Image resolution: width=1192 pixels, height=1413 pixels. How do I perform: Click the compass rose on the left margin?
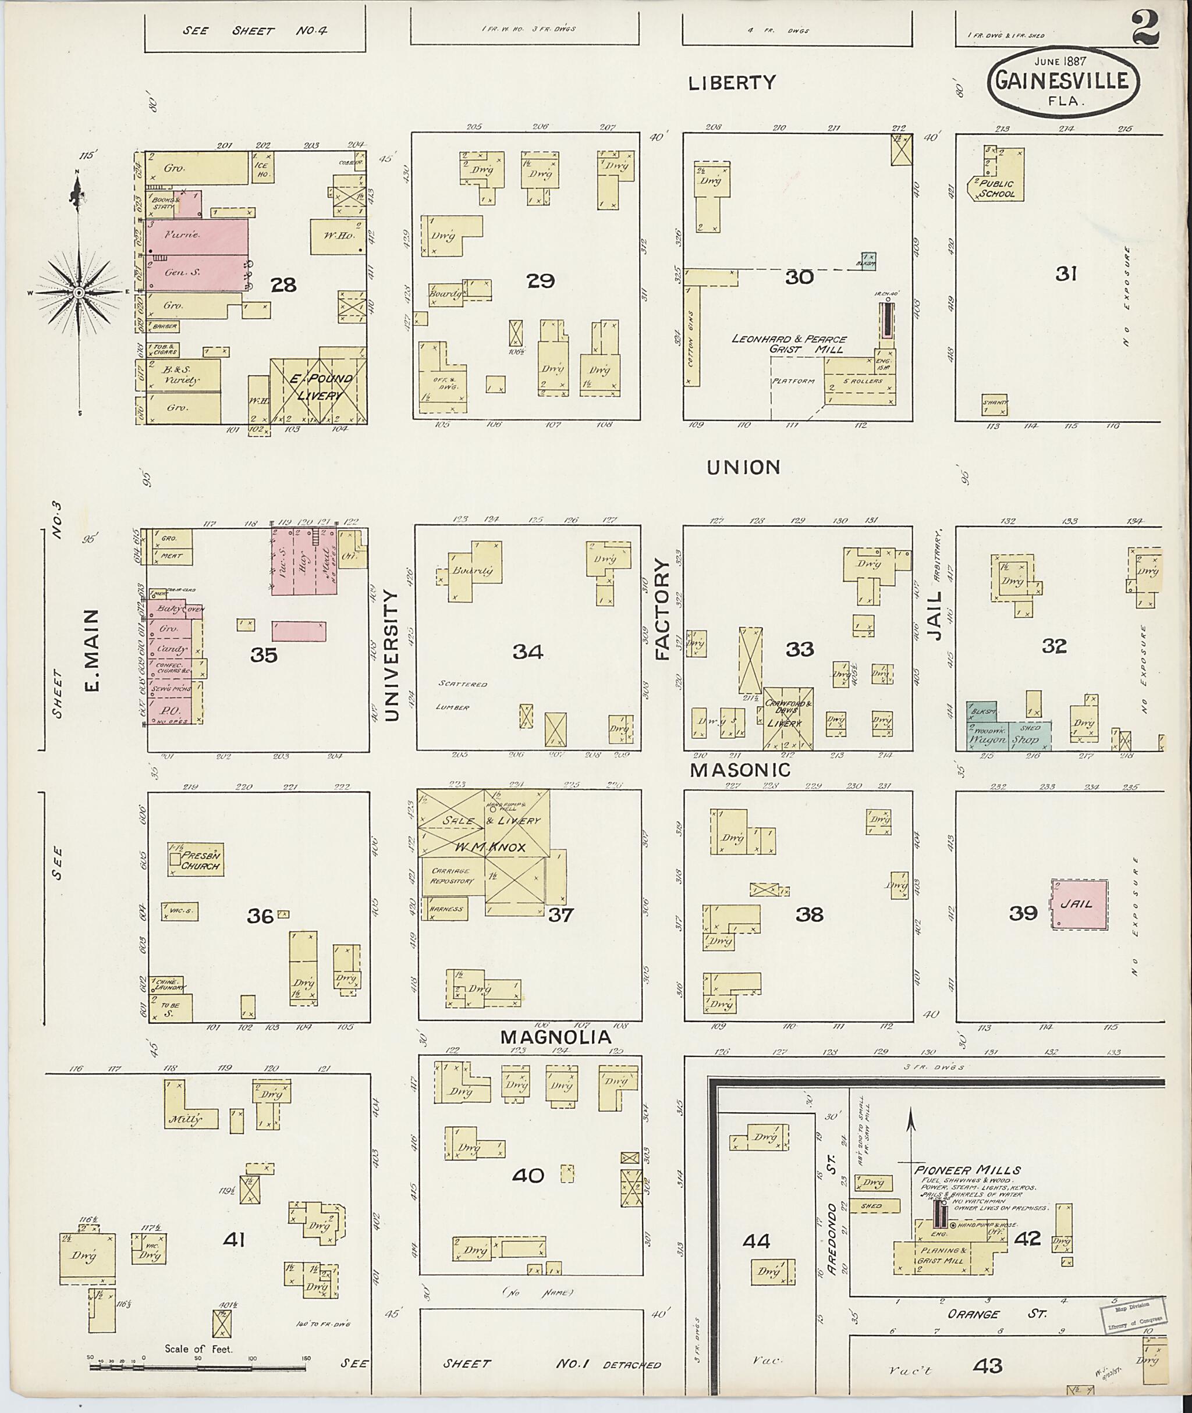coord(79,292)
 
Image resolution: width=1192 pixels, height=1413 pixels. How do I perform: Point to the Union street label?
coord(743,467)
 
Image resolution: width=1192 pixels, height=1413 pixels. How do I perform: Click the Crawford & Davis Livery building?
coord(787,718)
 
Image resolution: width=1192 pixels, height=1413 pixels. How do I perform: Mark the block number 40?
coord(528,1176)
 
